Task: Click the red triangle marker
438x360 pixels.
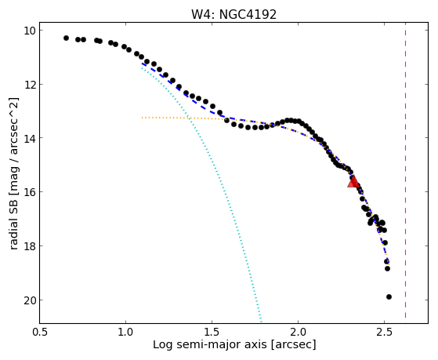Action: tap(353, 181)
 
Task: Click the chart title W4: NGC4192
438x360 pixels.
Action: tap(233, 15)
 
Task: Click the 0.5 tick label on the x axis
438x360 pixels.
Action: tap(39, 332)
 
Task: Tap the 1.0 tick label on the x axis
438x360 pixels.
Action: tap(125, 332)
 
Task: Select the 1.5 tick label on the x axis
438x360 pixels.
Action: tap(212, 332)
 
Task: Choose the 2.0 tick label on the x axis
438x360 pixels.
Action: tap(298, 332)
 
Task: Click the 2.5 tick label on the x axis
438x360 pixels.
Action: tap(385, 332)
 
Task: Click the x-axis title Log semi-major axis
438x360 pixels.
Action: tap(210, 344)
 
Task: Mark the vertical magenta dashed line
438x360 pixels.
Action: tap(405, 173)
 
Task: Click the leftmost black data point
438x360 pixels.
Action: tap(66, 38)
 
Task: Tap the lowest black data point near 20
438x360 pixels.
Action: tap(389, 296)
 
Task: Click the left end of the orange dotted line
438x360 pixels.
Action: tap(142, 118)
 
